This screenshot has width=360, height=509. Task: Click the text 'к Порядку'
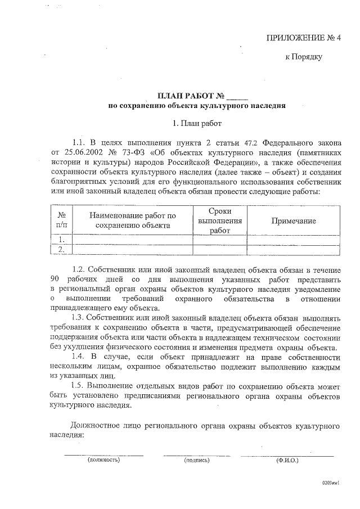(x=304, y=56)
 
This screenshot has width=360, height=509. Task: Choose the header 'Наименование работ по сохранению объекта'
(x=132, y=221)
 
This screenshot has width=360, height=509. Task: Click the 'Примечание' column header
(x=294, y=221)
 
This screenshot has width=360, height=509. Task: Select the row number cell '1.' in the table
(x=61, y=240)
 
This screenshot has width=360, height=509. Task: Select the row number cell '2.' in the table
(x=61, y=249)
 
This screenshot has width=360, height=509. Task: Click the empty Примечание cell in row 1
(x=294, y=240)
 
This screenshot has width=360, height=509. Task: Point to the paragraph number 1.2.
(x=80, y=269)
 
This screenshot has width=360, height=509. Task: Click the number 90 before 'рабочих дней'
(x=55, y=279)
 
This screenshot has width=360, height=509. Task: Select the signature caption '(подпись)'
(x=197, y=460)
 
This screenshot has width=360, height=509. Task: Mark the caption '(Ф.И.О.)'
(x=287, y=460)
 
